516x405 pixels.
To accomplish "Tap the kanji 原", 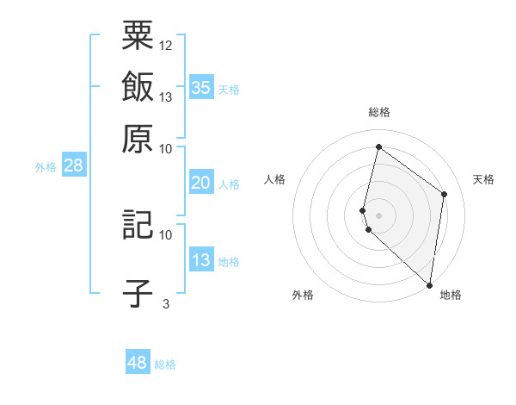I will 138,139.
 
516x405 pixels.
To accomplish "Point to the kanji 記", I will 138,225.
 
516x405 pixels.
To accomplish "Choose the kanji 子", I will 138,294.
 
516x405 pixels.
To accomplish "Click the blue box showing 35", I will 200,87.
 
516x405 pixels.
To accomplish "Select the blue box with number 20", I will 200,183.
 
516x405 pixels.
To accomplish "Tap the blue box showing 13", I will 200,260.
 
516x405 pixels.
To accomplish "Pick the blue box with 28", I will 73,165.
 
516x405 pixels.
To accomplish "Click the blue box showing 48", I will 137,363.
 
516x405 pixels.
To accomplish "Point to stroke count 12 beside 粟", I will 166,45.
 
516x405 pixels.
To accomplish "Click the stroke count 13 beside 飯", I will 166,97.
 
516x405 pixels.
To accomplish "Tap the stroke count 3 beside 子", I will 166,303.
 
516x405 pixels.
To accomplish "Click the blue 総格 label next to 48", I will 165,364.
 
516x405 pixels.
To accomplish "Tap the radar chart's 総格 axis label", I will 379,112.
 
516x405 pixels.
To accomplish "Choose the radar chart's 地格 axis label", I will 451,295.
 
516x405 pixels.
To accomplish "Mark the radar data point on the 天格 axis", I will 445,194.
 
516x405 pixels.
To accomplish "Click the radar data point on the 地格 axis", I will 429,284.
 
